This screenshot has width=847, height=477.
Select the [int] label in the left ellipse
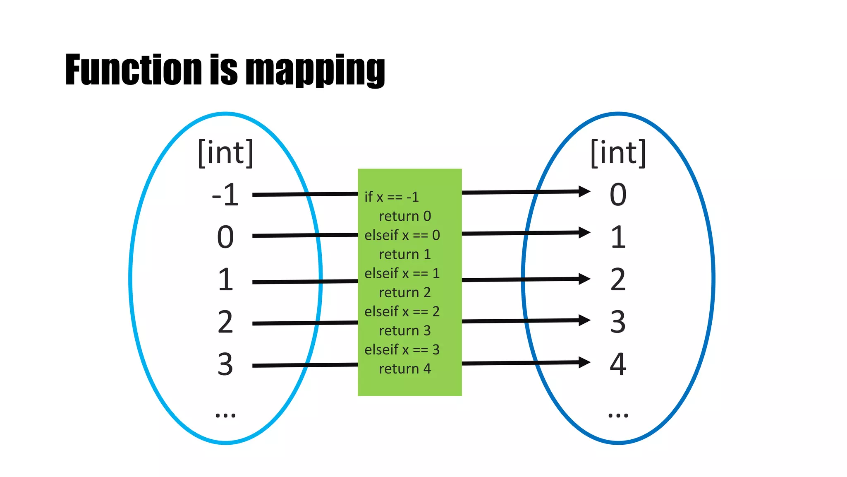point(225,153)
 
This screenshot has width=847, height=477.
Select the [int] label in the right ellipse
point(618,153)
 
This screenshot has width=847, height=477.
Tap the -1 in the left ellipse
point(225,195)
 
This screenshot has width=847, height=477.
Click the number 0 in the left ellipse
point(225,237)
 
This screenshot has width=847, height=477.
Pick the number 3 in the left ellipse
point(225,364)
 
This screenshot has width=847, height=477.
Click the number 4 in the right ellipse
point(618,364)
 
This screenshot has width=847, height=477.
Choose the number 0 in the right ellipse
point(618,195)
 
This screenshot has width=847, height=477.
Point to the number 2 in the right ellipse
point(618,279)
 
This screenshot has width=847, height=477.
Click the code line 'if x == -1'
point(391,197)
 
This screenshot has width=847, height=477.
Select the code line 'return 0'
point(405,216)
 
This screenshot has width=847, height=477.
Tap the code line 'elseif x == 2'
point(402,311)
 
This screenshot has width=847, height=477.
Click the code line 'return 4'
point(405,369)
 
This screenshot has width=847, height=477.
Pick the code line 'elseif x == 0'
point(402,235)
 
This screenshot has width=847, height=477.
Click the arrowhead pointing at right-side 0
point(584,191)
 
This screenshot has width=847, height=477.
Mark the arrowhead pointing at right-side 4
point(584,362)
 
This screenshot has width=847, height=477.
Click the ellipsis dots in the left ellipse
point(225,415)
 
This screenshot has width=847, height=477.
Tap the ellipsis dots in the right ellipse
point(618,415)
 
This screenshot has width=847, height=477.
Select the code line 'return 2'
point(405,292)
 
